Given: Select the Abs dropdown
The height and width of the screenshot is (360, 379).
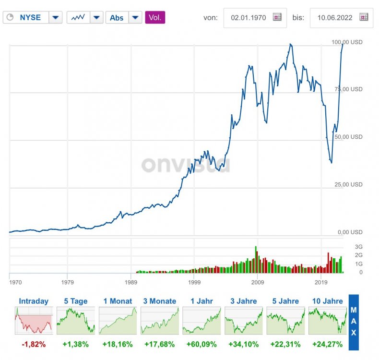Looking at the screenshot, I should (123, 18).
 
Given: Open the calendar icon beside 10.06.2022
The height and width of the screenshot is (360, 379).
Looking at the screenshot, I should (364, 17).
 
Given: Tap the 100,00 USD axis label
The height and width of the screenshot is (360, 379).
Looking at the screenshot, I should (347, 42).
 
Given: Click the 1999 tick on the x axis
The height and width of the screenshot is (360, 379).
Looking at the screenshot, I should (194, 282).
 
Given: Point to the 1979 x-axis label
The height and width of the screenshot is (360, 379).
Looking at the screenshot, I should (68, 282).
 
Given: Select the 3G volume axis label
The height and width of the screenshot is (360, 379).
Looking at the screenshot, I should (358, 247).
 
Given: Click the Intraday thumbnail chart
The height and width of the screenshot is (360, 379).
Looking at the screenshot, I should (34, 321).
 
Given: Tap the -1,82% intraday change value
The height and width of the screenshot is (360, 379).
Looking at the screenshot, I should (34, 344).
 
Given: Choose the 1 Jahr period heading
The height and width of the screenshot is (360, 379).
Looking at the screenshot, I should (201, 301).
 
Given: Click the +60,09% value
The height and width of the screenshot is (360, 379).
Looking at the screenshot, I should (201, 344).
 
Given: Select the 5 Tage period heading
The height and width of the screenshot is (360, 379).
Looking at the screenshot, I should (76, 301).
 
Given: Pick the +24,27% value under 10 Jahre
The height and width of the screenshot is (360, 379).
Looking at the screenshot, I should (328, 344).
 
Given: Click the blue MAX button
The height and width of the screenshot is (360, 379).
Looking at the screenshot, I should (354, 322).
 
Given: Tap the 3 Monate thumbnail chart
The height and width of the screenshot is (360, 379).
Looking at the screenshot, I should (160, 321).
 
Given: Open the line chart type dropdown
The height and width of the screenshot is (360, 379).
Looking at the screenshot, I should (85, 18).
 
